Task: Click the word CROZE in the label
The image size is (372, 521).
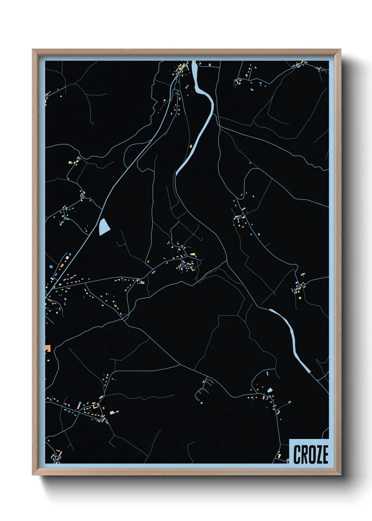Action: tap(310, 454)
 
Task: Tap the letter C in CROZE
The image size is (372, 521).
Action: tap(297, 454)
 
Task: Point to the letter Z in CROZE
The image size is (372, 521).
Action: tap(318, 454)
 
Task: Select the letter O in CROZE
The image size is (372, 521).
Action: tap(311, 454)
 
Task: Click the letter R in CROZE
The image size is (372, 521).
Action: tap(304, 454)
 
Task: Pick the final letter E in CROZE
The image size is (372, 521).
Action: tap(325, 454)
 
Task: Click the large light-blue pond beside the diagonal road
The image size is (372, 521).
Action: tap(104, 227)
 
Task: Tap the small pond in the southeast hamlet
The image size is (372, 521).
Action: tap(270, 390)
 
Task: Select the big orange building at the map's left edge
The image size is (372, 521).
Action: tap(48, 348)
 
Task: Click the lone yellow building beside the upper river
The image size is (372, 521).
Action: tap(191, 146)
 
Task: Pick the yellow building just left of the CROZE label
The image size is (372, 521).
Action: tap(280, 456)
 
